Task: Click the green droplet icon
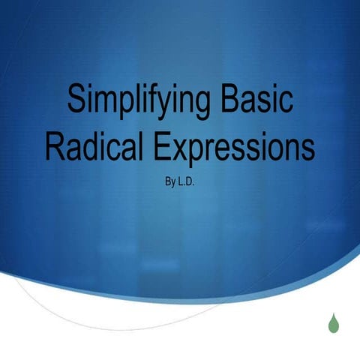tap(332, 322)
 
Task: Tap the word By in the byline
tap(168, 181)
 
